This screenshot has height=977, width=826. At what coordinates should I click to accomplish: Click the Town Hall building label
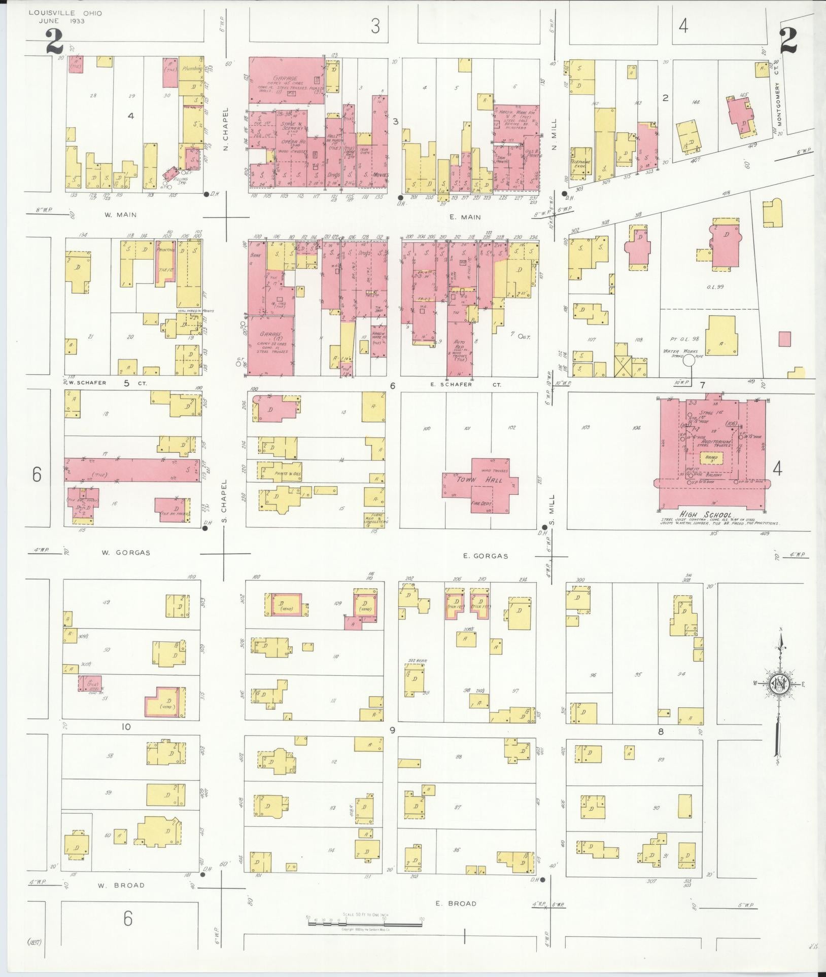(472, 479)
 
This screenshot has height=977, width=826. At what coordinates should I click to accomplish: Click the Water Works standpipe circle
(689, 360)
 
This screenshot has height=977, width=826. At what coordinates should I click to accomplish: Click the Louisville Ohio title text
(65, 13)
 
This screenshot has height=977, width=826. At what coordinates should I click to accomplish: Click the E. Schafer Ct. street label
(472, 384)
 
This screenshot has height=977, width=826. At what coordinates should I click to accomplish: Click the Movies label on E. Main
(380, 174)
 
